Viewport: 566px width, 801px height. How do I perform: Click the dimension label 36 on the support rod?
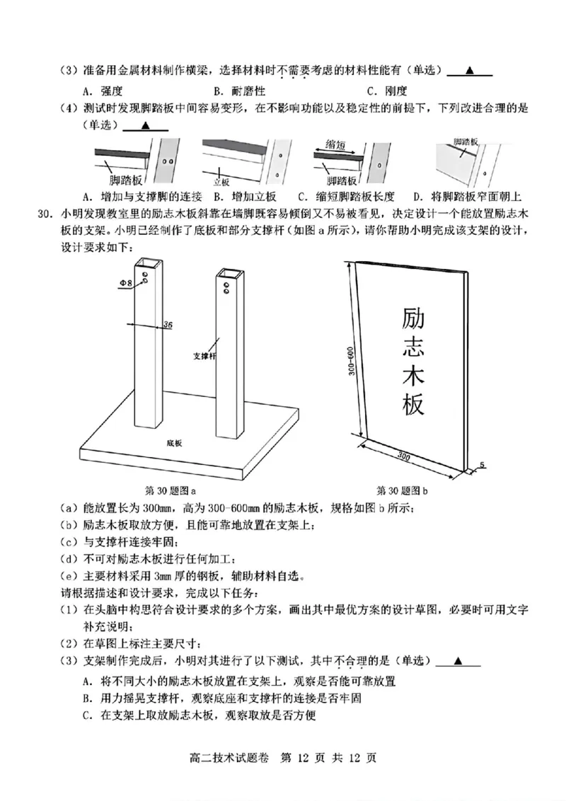coord(168,325)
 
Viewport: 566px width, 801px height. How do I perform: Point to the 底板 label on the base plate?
coord(175,443)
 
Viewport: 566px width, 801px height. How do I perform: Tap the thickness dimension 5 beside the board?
coord(481,465)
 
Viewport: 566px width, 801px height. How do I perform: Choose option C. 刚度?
coord(387,91)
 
